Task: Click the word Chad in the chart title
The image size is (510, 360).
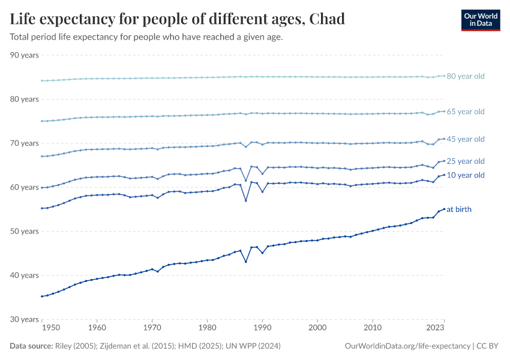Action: pyautogui.click(x=328, y=19)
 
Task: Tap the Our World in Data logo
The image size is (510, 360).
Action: pyautogui.click(x=480, y=20)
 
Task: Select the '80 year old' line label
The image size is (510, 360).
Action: pyautogui.click(x=465, y=76)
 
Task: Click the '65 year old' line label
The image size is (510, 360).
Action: pyautogui.click(x=465, y=112)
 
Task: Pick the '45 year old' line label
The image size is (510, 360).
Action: pyautogui.click(x=465, y=139)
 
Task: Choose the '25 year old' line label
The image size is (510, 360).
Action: pyautogui.click(x=465, y=161)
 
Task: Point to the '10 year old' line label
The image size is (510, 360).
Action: pyautogui.click(x=465, y=175)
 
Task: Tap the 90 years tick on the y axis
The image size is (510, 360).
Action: pyautogui.click(x=25, y=55)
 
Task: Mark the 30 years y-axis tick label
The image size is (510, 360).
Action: pyautogui.click(x=25, y=319)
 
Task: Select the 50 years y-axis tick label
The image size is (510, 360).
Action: pyautogui.click(x=25, y=231)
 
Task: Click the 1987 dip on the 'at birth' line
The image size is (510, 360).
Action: pyautogui.click(x=246, y=262)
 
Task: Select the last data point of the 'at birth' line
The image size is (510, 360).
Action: pyautogui.click(x=444, y=209)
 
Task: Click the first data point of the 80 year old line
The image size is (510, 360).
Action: pyautogui.click(x=41, y=80)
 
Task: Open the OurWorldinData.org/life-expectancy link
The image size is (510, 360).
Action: pyautogui.click(x=407, y=346)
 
